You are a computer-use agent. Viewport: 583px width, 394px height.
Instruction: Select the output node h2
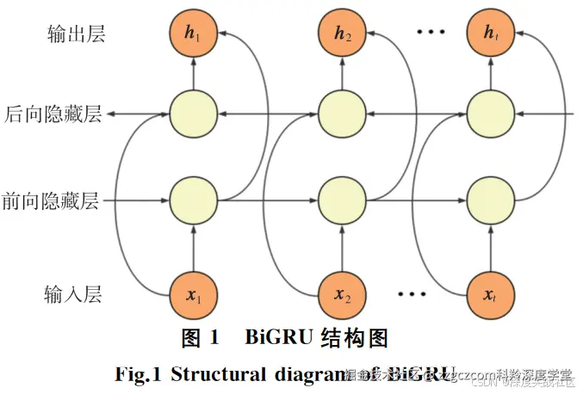click(x=342, y=34)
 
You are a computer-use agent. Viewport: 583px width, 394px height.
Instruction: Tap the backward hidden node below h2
click(x=342, y=114)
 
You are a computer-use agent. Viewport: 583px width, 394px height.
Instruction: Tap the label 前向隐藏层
click(x=53, y=203)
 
